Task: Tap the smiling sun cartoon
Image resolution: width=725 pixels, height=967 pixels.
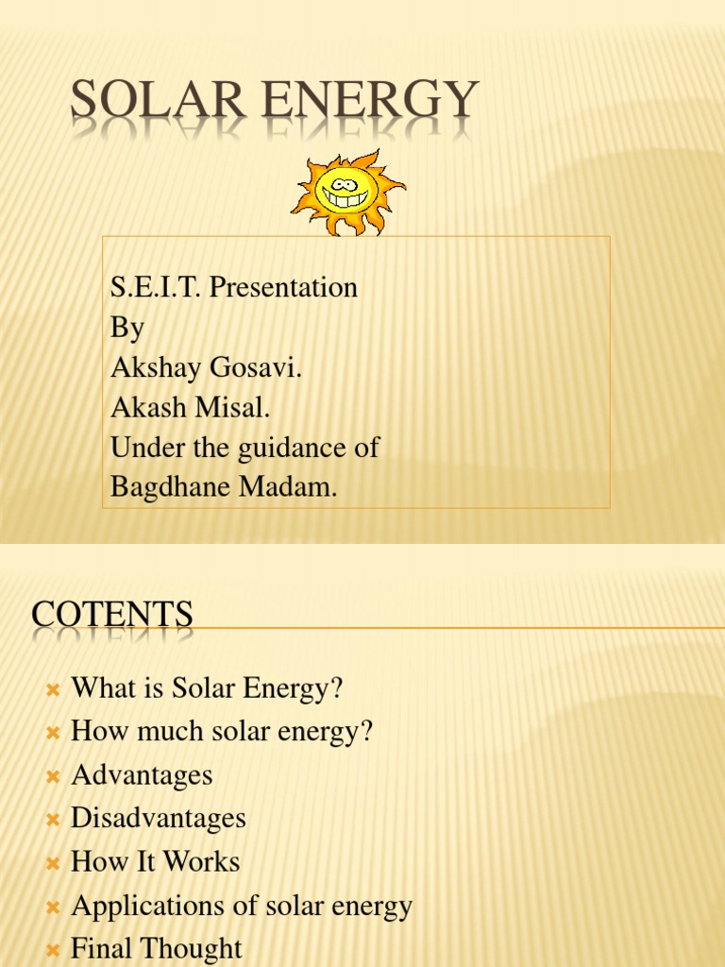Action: click(347, 192)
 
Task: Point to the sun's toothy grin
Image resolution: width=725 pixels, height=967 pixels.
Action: click(345, 199)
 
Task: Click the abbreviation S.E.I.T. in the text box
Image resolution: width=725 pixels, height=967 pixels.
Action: click(155, 287)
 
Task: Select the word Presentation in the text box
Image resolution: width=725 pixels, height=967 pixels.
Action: click(283, 287)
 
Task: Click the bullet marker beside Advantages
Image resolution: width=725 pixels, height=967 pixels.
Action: click(53, 776)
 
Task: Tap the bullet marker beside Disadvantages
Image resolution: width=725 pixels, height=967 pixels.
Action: click(53, 820)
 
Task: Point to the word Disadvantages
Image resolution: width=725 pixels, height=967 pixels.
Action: click(159, 818)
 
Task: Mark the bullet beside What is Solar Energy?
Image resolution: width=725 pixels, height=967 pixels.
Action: click(53, 690)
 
